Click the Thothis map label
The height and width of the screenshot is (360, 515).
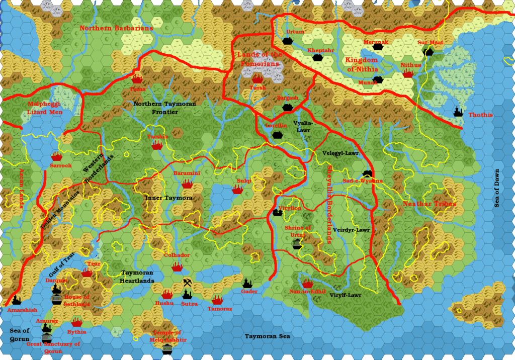tap(480, 115)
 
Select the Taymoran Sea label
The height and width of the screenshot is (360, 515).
tap(268, 336)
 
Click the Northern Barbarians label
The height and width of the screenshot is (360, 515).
tap(116, 28)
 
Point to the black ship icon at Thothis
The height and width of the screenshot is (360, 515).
tap(458, 112)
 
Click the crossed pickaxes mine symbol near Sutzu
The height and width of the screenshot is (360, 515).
tap(187, 283)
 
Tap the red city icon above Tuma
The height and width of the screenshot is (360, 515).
tap(137, 78)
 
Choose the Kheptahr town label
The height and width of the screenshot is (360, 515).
tap(320, 51)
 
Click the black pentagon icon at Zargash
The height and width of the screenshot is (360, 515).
tap(287, 107)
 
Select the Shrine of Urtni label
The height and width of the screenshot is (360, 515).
tap(298, 231)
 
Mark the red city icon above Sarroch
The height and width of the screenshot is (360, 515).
tap(56, 156)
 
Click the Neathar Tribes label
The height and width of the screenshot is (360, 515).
tap(430, 204)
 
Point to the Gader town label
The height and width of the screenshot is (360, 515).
tap(249, 292)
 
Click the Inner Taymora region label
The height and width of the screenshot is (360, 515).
tap(168, 198)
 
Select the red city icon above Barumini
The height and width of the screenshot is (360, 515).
tap(187, 185)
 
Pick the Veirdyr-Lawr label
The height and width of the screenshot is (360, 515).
tap(351, 230)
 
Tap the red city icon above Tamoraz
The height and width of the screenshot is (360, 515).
tap(217, 300)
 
